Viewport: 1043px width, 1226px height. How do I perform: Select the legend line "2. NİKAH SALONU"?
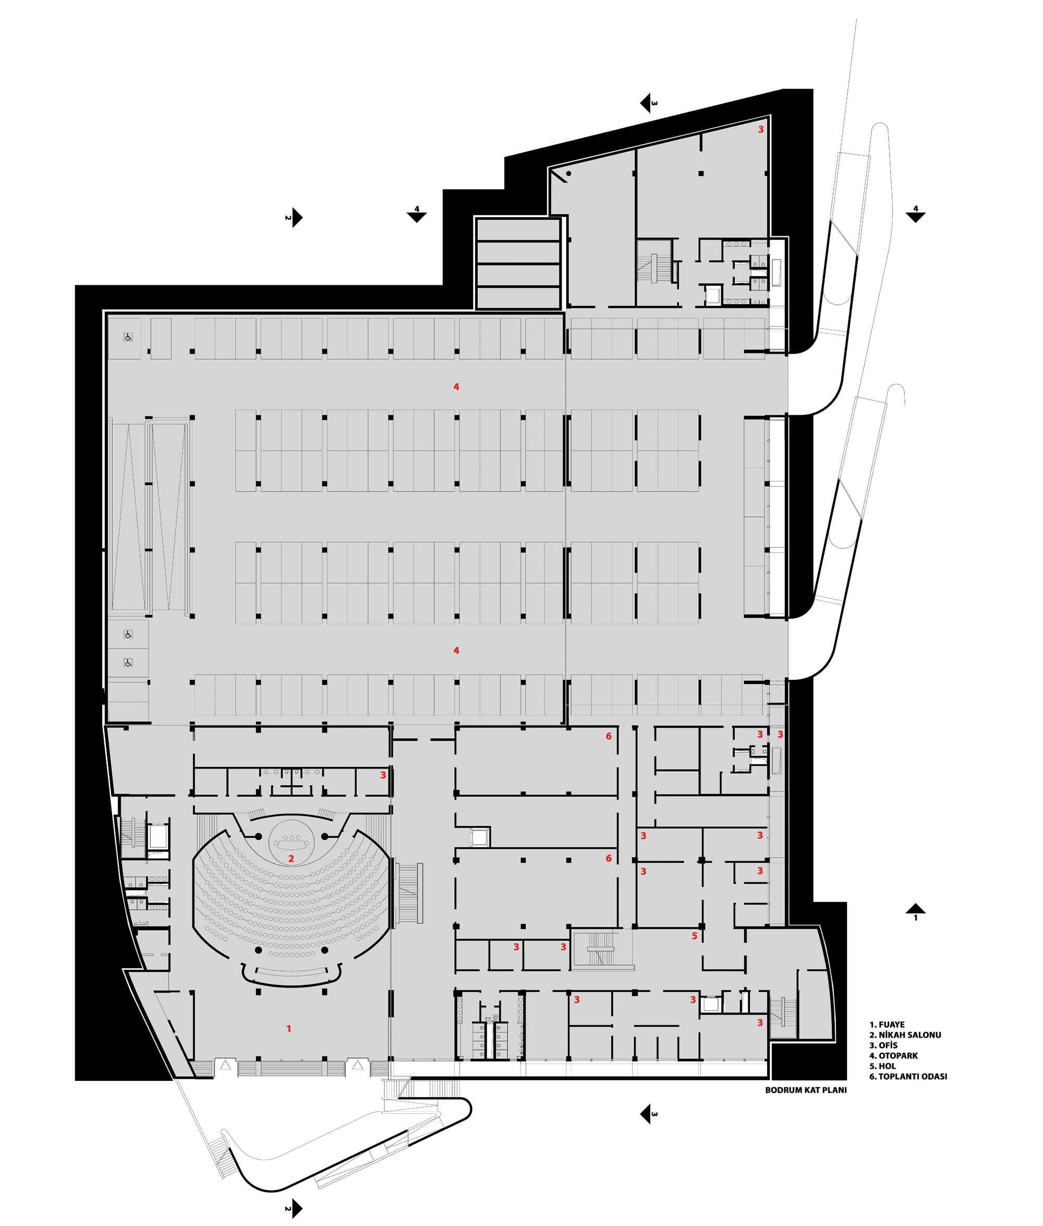(905, 1035)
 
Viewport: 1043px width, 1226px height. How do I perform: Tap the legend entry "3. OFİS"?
(883, 1045)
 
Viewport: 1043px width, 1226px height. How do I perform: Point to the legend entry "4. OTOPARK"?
(893, 1056)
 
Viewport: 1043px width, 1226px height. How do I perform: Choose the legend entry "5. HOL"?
(882, 1066)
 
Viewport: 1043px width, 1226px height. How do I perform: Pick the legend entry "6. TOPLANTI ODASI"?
(908, 1076)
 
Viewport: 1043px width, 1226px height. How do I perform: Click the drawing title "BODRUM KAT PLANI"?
(806, 1090)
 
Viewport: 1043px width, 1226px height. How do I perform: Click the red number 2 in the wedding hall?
(291, 859)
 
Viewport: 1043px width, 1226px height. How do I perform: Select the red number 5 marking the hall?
(694, 936)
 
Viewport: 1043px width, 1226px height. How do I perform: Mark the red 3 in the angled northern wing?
(761, 129)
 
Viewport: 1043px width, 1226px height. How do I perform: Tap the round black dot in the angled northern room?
(569, 174)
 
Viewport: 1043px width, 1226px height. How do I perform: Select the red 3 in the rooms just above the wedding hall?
(383, 775)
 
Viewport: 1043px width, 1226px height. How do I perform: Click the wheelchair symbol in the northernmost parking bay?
(128, 337)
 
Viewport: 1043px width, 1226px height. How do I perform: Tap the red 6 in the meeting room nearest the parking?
(609, 736)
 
